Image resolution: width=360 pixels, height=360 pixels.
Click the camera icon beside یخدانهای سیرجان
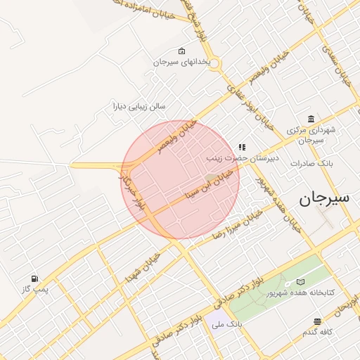[x=182, y=51]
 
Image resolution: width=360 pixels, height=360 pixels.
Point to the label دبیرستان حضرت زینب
[x=243, y=158]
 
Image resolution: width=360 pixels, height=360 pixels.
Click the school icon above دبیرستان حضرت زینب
[x=243, y=148]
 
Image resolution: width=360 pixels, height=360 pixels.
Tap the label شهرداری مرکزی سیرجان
[x=311, y=135]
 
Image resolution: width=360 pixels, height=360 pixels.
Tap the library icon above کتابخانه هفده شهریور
[x=302, y=281]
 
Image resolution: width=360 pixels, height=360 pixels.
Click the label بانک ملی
[x=230, y=326]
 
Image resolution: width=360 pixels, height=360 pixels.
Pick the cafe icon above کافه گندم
[x=318, y=321]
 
